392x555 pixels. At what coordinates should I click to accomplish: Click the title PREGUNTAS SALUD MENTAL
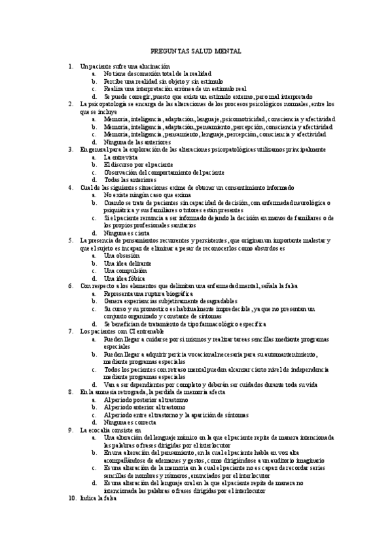[x=196, y=50]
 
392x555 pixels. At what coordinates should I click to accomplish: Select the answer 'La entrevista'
[x=120, y=157]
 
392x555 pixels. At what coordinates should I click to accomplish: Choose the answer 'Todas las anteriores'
[x=130, y=179]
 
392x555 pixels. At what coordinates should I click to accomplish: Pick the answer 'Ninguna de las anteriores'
[x=137, y=142]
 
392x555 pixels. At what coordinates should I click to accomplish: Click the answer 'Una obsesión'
[x=122, y=255]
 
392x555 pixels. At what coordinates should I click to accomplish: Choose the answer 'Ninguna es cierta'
[x=126, y=232]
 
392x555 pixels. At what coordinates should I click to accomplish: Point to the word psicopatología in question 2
[x=106, y=104]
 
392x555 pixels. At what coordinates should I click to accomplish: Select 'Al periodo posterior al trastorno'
[x=145, y=399]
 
